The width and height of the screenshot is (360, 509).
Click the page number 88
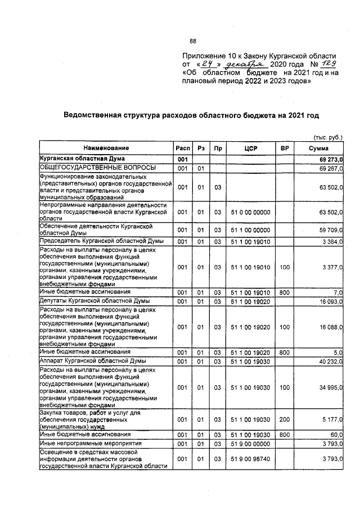[x=193, y=41]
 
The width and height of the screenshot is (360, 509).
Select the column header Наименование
[x=104, y=147]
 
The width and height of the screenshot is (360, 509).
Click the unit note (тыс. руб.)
[x=327, y=136]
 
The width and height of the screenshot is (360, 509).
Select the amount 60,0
[x=336, y=435]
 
